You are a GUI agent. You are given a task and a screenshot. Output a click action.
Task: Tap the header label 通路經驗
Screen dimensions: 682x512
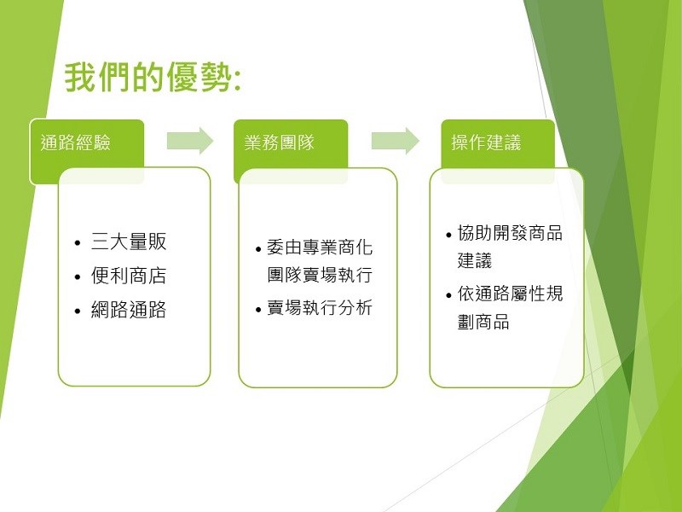coord(76,143)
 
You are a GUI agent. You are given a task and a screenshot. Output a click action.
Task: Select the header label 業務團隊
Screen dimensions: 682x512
coord(280,143)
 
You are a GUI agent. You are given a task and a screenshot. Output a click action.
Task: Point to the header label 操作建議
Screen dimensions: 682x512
coord(486,143)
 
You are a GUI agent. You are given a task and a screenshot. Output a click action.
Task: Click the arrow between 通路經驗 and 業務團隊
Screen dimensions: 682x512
coord(190,141)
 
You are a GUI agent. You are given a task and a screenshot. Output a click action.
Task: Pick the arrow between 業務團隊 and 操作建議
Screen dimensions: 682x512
coord(396,141)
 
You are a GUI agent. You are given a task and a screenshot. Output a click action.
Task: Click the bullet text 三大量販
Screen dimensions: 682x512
coord(129,241)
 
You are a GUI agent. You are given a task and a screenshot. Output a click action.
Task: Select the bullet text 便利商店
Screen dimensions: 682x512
coord(129,276)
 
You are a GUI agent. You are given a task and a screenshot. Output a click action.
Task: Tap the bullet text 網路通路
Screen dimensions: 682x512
coord(129,310)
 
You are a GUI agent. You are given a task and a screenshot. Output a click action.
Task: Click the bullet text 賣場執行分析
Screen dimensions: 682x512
coord(320,308)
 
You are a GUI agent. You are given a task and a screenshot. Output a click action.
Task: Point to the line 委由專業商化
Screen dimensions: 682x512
coord(320,247)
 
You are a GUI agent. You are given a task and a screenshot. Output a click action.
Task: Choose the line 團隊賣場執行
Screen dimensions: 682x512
coord(320,275)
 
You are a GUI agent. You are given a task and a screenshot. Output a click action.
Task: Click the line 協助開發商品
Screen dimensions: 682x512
coord(510,233)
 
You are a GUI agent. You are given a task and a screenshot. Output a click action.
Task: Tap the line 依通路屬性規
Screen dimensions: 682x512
coord(510,294)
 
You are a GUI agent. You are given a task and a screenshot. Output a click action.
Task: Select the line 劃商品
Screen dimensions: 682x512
coord(483,322)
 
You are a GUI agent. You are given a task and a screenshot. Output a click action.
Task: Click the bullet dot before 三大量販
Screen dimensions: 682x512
coord(78,243)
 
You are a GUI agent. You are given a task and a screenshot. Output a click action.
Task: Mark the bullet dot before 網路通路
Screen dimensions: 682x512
coord(78,311)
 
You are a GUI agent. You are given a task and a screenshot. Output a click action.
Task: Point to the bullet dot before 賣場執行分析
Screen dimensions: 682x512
coord(258,310)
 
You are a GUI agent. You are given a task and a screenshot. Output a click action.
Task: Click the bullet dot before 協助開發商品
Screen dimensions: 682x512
coord(449,236)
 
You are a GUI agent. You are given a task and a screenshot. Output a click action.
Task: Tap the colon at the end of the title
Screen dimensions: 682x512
coord(237,80)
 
